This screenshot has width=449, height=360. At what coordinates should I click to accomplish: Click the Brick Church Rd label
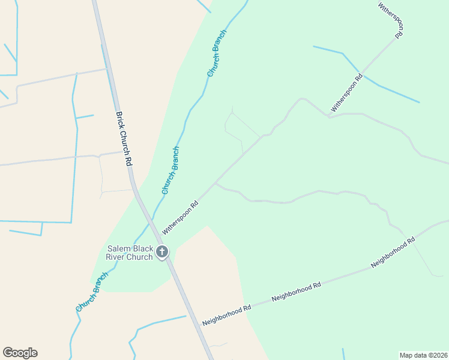tap(123, 139)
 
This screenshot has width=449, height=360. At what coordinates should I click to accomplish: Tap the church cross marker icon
tap(161, 252)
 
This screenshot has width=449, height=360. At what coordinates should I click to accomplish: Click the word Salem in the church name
tap(119, 248)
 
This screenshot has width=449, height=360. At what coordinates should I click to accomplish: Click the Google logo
tap(20, 353)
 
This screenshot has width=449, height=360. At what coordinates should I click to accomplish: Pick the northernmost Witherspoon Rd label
tap(391, 20)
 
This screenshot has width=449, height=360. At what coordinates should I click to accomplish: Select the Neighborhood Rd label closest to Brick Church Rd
tap(226, 314)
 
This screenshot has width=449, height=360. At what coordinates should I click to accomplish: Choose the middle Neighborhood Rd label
tap(296, 291)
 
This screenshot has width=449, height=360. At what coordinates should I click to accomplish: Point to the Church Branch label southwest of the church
tap(92, 292)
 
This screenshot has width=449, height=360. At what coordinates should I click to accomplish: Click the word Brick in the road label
tap(119, 122)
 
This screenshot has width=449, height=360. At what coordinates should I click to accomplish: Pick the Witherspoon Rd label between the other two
tap(347, 93)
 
